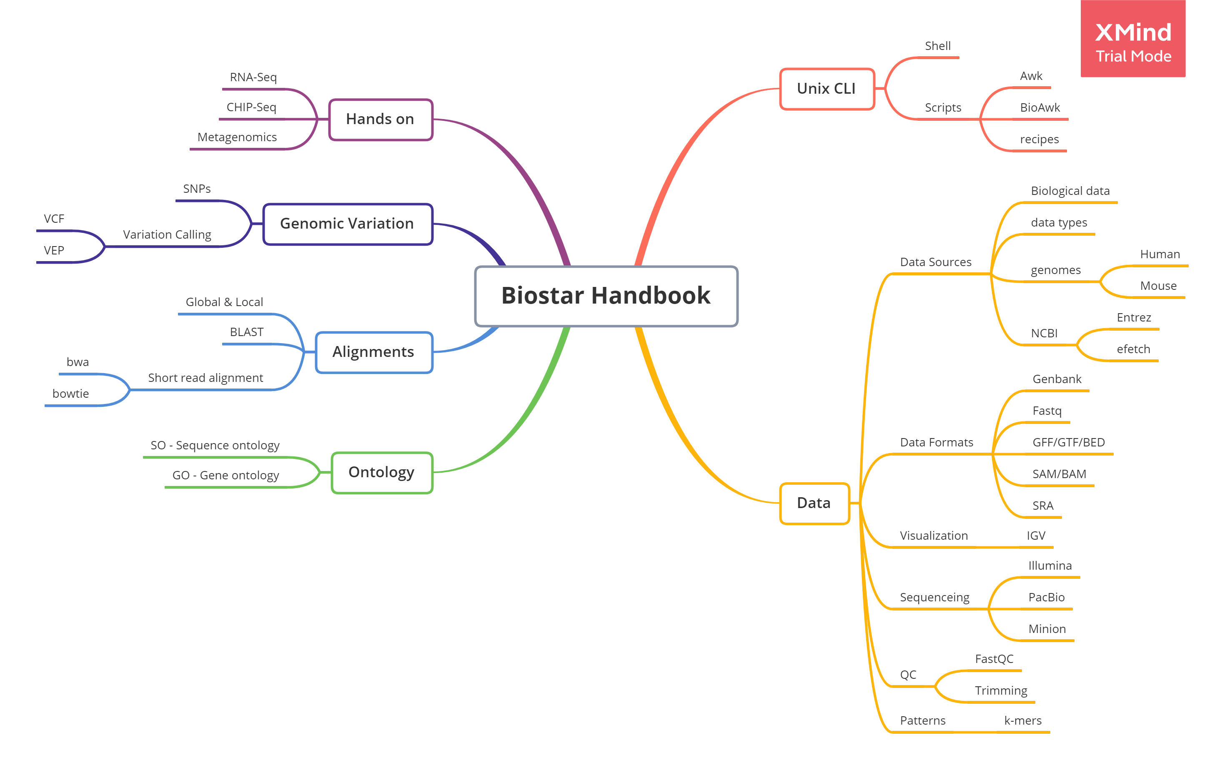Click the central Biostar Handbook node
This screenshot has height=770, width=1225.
(606, 296)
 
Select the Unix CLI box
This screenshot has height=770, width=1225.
(827, 89)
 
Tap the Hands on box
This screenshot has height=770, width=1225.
(380, 120)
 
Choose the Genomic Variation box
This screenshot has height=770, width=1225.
(347, 224)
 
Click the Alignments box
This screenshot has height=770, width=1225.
(373, 352)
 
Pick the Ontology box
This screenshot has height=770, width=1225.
(381, 472)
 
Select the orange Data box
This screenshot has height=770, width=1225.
(814, 503)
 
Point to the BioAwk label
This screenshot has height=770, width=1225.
(1040, 108)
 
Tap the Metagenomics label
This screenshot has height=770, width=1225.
(237, 137)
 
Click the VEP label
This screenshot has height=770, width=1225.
(54, 251)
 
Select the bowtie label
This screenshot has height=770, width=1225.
(71, 394)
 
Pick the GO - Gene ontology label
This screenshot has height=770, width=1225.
(226, 476)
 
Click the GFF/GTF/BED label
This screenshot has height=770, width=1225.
(1068, 443)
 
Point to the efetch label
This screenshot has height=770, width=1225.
(1133, 349)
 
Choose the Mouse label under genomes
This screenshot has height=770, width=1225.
(1158, 286)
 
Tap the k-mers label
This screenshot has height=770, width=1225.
(1022, 721)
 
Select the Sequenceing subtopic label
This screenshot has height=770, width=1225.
(934, 598)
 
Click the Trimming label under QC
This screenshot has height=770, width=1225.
(1001, 691)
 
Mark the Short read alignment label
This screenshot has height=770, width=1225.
(205, 378)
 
